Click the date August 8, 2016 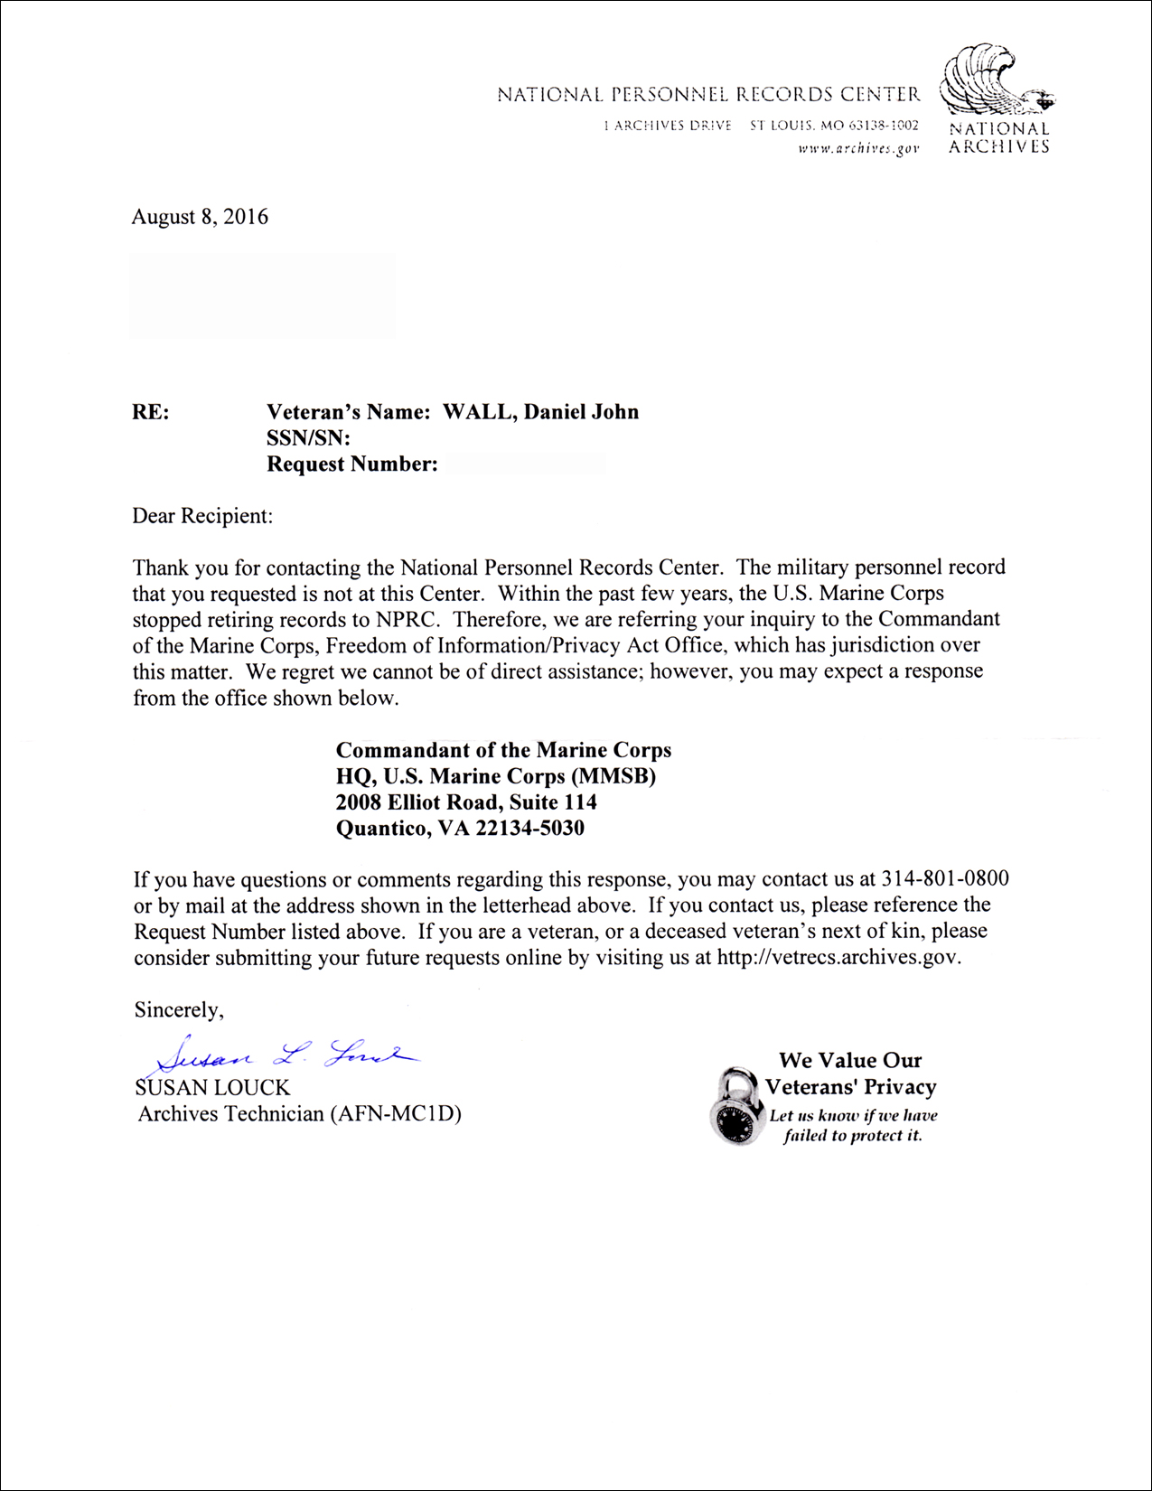[x=200, y=217]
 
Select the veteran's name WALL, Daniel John [x=540, y=412]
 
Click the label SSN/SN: [x=308, y=438]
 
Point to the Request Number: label [x=352, y=464]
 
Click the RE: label [x=151, y=412]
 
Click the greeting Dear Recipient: [x=202, y=516]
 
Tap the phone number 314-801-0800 [x=945, y=878]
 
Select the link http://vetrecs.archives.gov [x=838, y=957]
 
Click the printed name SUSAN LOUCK [x=212, y=1087]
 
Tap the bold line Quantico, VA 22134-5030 [x=460, y=828]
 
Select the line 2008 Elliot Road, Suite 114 [x=466, y=802]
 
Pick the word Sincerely [x=178, y=1009]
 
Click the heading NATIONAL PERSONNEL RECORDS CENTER [x=708, y=94]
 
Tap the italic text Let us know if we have [x=853, y=1115]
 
